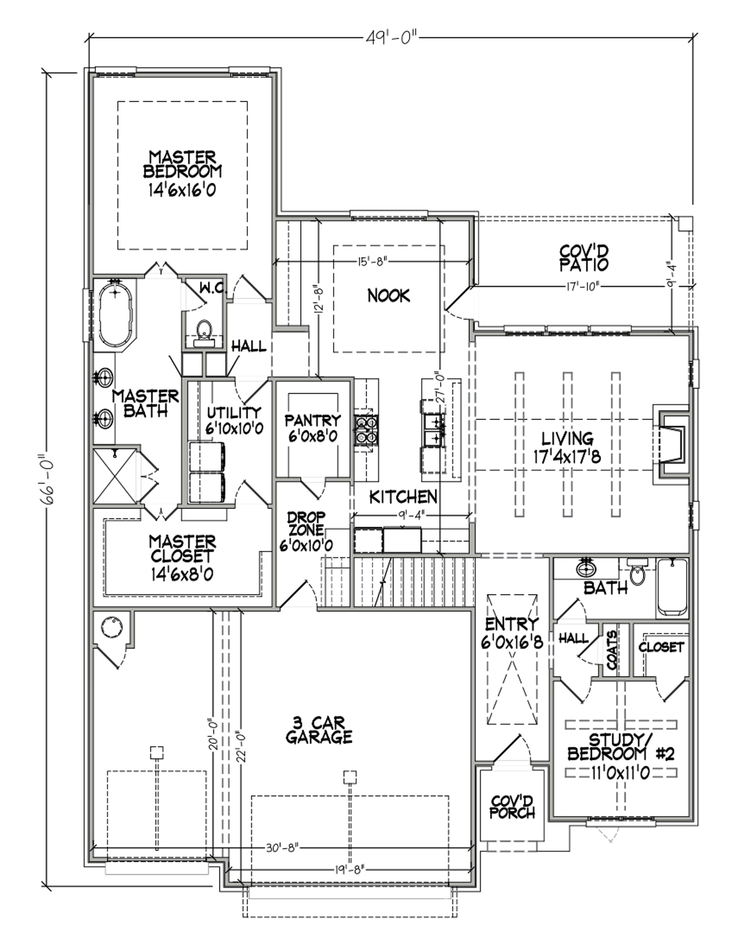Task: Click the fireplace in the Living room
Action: tap(670, 444)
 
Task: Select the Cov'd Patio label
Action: tap(584, 257)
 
